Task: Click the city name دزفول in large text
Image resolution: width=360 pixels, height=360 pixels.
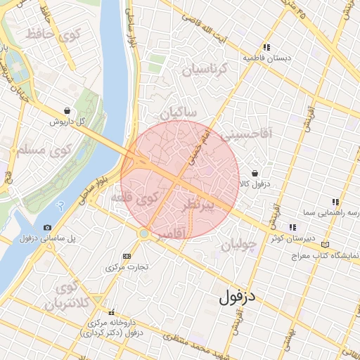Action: (239, 297)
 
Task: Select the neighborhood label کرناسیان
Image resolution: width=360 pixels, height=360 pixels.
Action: (205, 69)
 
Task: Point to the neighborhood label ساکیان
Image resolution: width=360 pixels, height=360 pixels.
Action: (179, 112)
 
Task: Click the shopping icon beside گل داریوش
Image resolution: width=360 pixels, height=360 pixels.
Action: (67, 111)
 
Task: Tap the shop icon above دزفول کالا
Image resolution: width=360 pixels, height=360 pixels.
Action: (254, 173)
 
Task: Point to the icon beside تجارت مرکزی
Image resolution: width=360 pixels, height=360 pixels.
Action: (127, 256)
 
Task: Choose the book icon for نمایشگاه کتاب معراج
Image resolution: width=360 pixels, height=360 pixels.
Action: (324, 244)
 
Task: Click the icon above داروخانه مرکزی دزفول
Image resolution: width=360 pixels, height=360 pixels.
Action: (110, 313)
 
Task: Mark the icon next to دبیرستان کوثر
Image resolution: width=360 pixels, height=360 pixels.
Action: (292, 226)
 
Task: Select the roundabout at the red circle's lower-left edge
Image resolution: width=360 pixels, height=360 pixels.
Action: (144, 233)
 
